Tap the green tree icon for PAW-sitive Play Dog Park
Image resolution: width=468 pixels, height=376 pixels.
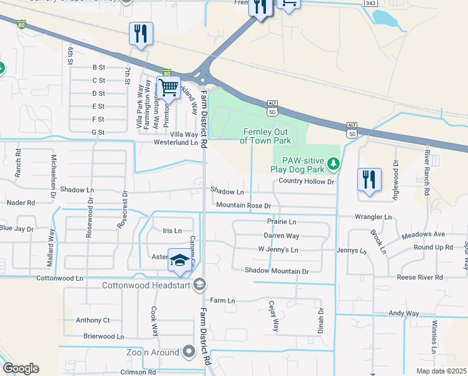[x=334, y=164]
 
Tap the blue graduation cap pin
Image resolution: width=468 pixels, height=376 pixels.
[x=180, y=261]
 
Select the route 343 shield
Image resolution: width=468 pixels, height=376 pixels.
[x=371, y=4]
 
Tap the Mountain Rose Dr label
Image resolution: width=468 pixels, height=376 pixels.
[x=243, y=206]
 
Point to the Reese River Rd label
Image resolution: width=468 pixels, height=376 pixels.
[x=420, y=277]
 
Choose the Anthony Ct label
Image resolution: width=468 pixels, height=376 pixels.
[x=93, y=320]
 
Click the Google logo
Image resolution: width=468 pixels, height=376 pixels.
[x=21, y=368]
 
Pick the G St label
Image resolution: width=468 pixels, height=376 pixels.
[x=98, y=132]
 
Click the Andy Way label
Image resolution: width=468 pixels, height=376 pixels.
[x=404, y=313]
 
